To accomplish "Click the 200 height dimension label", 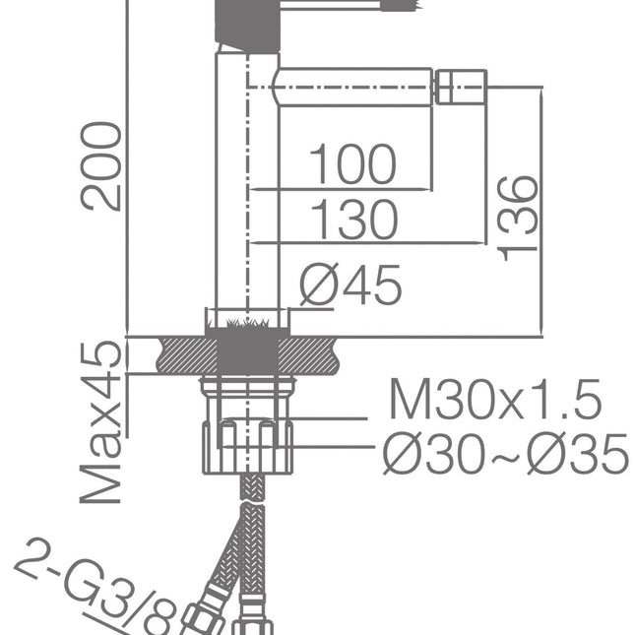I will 102,165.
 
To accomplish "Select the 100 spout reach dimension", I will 352,164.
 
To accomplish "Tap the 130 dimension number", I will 353,220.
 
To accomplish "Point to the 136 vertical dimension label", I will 519,219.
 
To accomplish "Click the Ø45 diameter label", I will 351,286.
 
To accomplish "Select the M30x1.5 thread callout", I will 494,401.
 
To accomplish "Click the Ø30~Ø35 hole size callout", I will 504,454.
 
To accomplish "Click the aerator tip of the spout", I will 461,86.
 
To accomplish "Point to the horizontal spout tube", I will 354,86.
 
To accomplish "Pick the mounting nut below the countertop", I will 247,445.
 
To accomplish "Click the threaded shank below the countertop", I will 247,394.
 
